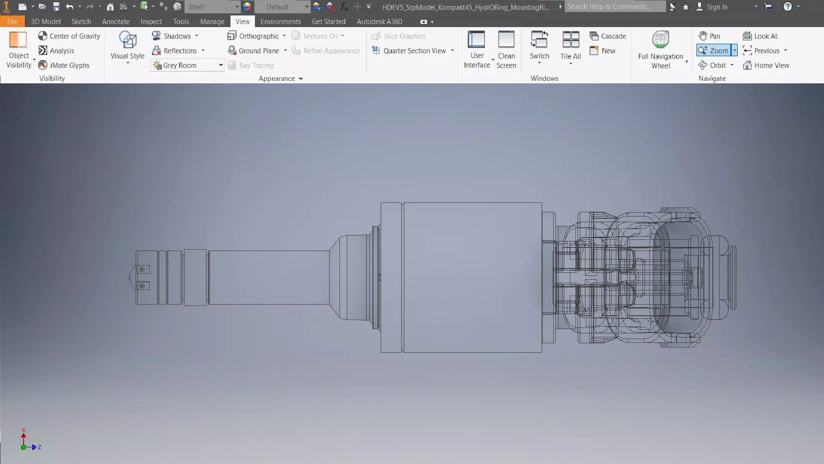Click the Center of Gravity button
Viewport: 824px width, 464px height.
(x=69, y=36)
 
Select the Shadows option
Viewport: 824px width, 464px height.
(x=176, y=36)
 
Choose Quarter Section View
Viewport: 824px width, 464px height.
(x=414, y=51)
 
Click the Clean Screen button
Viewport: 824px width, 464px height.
(x=506, y=49)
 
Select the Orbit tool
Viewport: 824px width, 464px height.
(x=717, y=65)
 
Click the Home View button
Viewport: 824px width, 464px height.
(x=766, y=65)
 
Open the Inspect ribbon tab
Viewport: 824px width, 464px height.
(x=151, y=21)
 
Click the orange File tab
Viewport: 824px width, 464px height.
(x=12, y=21)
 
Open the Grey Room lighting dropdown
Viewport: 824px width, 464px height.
(x=221, y=65)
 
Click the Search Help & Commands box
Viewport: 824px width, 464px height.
(x=614, y=7)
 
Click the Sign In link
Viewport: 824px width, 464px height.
(x=716, y=7)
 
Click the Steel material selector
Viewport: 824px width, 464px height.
(x=212, y=7)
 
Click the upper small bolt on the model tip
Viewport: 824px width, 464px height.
(x=142, y=269)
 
